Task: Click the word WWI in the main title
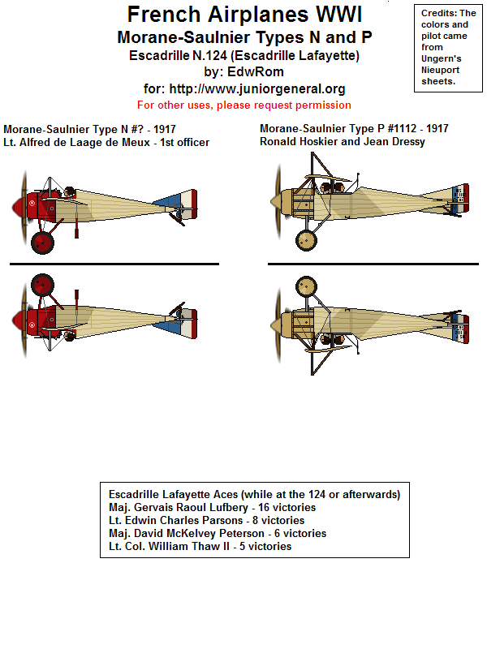click(335, 15)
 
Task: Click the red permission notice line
click(243, 105)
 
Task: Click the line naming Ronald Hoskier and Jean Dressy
click(341, 142)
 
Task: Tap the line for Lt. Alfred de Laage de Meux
click(106, 143)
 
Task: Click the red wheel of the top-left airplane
click(42, 242)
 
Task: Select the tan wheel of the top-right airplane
click(306, 239)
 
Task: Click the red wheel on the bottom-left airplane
click(42, 286)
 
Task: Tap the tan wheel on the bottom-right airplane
click(306, 286)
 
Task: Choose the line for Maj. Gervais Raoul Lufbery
click(212, 507)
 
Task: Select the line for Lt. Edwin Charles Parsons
click(206, 520)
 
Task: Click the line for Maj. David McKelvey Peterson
click(217, 533)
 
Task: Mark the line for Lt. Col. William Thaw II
click(200, 546)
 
